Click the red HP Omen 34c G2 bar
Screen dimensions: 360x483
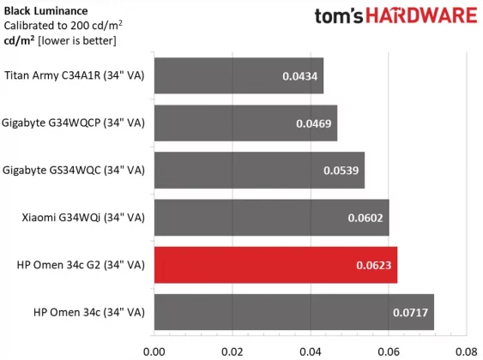point(275,265)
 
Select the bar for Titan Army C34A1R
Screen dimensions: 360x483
point(238,76)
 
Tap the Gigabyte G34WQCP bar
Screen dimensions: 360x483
point(245,123)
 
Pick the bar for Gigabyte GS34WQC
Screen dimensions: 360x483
point(259,171)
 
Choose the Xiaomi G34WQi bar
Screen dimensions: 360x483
point(271,218)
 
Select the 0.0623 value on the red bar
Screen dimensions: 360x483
point(374,266)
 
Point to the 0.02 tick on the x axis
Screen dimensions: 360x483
point(232,350)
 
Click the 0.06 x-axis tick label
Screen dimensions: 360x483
point(388,350)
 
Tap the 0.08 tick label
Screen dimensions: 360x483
point(466,350)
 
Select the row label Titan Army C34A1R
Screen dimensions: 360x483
point(75,75)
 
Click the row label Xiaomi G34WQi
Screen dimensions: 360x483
point(83,218)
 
